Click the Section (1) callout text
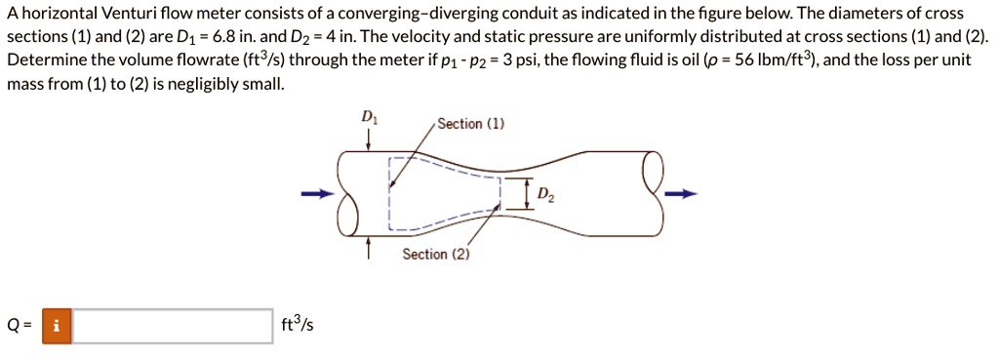click(x=472, y=124)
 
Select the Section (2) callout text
click(x=436, y=255)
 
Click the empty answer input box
click(x=174, y=325)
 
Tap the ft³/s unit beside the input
click(x=297, y=325)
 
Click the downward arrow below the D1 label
click(x=368, y=138)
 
